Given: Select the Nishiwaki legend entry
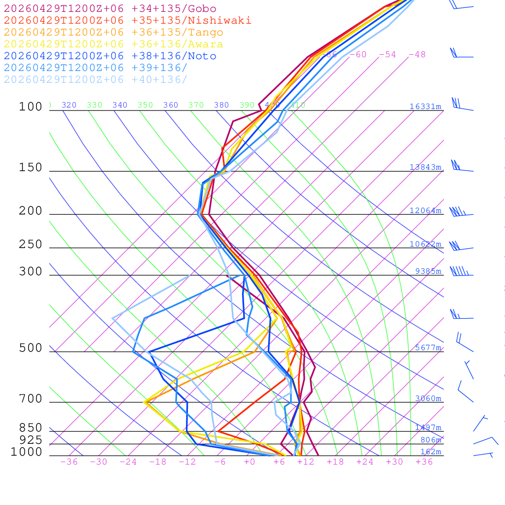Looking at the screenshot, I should pos(127,20).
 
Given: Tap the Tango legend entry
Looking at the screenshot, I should pos(113,33).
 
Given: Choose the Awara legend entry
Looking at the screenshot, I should pos(113,44).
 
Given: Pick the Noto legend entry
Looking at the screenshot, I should pos(110,56).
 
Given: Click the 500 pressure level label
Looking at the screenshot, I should pos(31,348).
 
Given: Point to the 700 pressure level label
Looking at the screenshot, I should pos(31,399).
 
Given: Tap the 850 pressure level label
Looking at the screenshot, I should pos(31,428).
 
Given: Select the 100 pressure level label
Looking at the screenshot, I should pos(31,107).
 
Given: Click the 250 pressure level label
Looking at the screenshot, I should pos(31,245).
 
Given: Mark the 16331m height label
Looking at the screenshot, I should pos(425,107).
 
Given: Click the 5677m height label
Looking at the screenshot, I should pos(428,348).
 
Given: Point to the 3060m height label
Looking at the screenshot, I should pos(428,398).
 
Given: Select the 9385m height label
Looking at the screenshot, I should pos(428,271).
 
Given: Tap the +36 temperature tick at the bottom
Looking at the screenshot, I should pos(424,462).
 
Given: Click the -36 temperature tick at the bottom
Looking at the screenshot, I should pos(69,462).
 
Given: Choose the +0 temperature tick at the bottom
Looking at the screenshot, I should pos(249,462).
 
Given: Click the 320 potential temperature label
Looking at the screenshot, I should pos(69,105).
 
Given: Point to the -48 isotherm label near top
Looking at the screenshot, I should pos(417,55).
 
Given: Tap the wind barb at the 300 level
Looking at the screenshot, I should pos(460,272).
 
